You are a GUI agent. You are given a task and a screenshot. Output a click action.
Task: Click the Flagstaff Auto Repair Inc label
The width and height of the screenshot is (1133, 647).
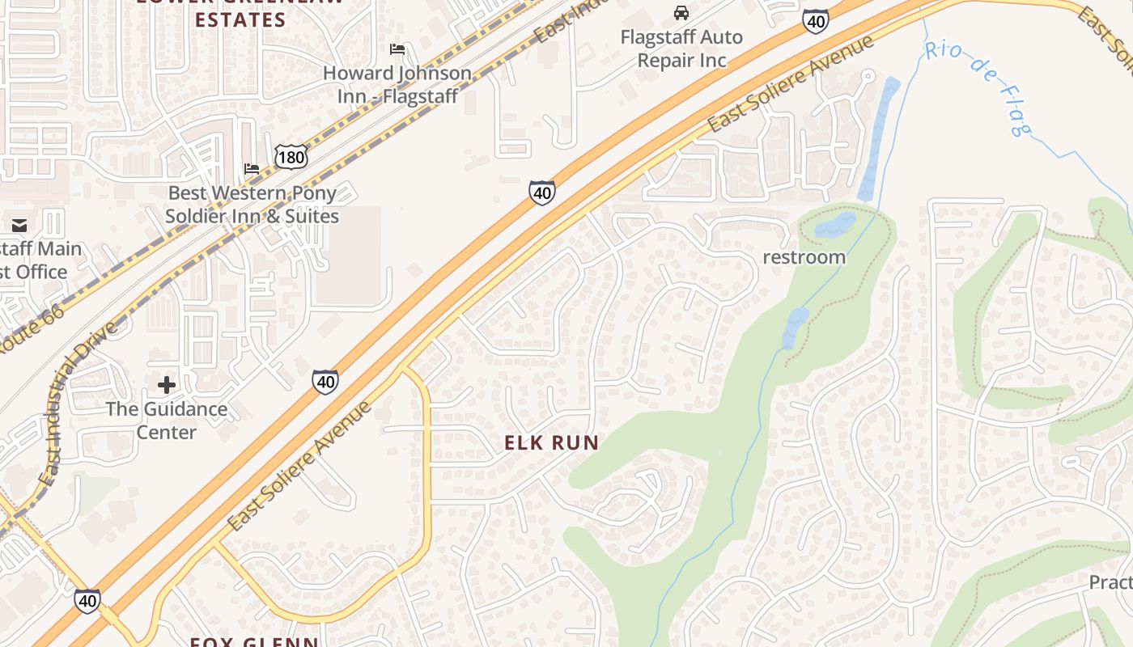point(681,49)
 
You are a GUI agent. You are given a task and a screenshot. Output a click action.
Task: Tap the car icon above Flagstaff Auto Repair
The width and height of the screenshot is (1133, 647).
point(681,13)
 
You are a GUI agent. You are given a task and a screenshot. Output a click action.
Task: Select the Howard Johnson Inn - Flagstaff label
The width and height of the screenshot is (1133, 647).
point(397,84)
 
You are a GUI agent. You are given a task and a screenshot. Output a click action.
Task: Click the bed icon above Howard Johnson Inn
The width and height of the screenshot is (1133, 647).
point(397,49)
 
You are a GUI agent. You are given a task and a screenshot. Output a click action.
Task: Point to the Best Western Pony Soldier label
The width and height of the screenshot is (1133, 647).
point(252,205)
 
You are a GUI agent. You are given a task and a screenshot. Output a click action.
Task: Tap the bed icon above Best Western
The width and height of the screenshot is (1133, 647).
point(252,169)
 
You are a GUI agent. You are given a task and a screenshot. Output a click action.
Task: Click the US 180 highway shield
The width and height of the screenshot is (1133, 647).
point(291,157)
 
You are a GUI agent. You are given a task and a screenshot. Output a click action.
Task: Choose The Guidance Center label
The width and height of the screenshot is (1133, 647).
point(166,421)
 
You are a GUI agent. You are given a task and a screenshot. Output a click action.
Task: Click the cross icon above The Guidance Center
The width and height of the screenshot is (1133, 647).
point(166,385)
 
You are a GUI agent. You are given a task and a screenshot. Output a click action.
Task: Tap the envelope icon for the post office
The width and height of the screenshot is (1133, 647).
point(19,226)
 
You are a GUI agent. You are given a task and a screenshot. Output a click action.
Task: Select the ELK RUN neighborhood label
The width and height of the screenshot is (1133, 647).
point(551,442)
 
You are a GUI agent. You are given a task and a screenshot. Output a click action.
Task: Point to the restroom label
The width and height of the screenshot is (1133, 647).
point(804,257)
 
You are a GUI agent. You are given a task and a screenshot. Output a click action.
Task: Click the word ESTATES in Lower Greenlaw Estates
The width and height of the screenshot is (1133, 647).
point(240,20)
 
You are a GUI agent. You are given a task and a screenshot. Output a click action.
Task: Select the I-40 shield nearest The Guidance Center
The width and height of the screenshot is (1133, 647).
point(325,382)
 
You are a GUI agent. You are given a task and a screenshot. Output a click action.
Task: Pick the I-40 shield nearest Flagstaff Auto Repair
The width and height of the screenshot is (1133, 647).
point(816,22)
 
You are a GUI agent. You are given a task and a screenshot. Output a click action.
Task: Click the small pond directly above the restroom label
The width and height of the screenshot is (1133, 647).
point(834,224)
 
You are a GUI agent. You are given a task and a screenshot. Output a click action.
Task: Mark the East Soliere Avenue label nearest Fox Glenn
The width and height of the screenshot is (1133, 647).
point(299,467)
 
